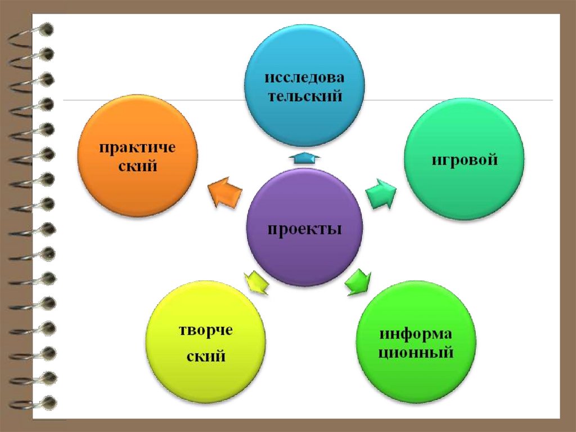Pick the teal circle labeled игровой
[465, 161]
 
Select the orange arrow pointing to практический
[223, 191]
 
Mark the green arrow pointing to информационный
[358, 282]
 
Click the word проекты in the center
[304, 230]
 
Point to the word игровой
[465, 161]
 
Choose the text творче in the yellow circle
[205, 329]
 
